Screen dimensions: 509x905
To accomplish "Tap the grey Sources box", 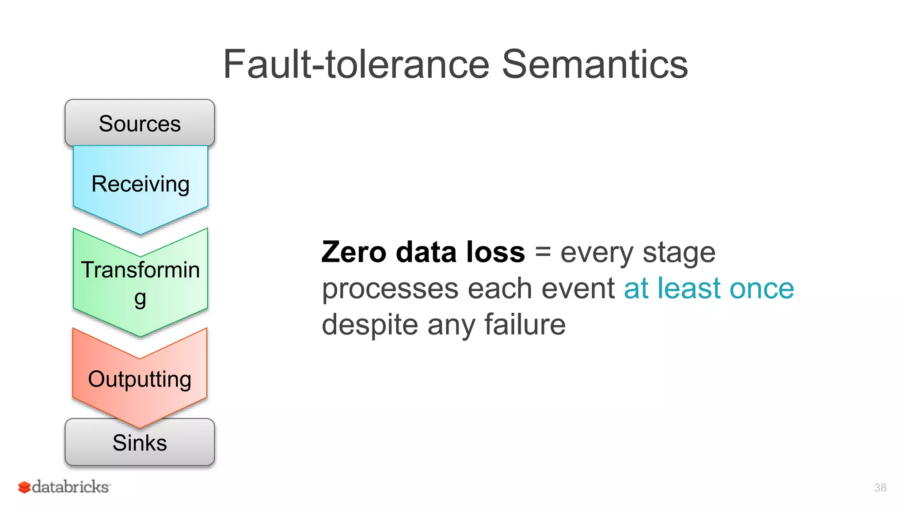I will click(x=140, y=123).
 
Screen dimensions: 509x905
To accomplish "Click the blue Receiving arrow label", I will click(x=140, y=184).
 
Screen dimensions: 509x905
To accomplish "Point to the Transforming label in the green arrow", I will click(x=140, y=270).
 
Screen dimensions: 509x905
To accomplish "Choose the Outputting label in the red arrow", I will click(x=140, y=379).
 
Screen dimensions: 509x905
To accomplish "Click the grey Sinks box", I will click(x=140, y=443).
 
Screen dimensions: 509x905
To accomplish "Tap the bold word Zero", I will click(x=354, y=252).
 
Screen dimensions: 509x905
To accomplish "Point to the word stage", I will click(x=679, y=253).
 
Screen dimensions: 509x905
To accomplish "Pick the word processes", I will click(x=389, y=289).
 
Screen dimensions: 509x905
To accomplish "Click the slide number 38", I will click(x=880, y=487).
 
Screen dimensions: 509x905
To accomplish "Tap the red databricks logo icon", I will click(x=24, y=487).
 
